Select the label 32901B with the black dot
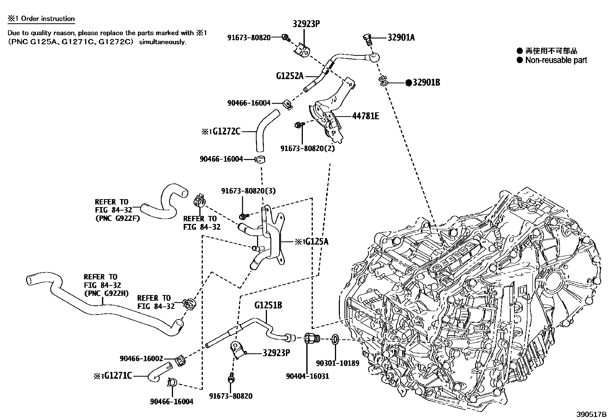click(x=425, y=82)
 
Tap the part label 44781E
click(x=365, y=116)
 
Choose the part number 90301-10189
click(x=338, y=363)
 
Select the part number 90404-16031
click(x=307, y=376)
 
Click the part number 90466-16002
click(x=141, y=358)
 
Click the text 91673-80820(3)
click(x=248, y=190)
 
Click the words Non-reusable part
click(x=556, y=60)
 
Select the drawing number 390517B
click(x=591, y=414)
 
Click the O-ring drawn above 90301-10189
click(x=334, y=339)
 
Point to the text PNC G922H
click(x=106, y=293)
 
